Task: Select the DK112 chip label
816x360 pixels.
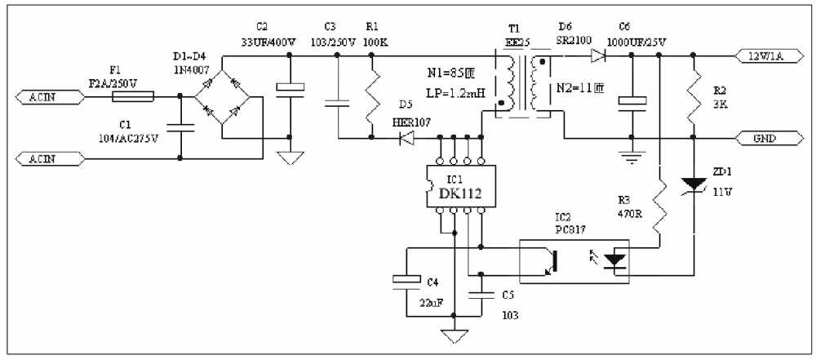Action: [x=459, y=193]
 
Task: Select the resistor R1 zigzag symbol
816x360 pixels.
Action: [x=371, y=96]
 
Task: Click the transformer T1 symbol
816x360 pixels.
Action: [x=523, y=84]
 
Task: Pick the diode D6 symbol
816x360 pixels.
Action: [x=596, y=56]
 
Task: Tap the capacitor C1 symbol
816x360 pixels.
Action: [x=179, y=127]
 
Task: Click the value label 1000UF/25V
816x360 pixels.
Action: [x=636, y=41]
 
